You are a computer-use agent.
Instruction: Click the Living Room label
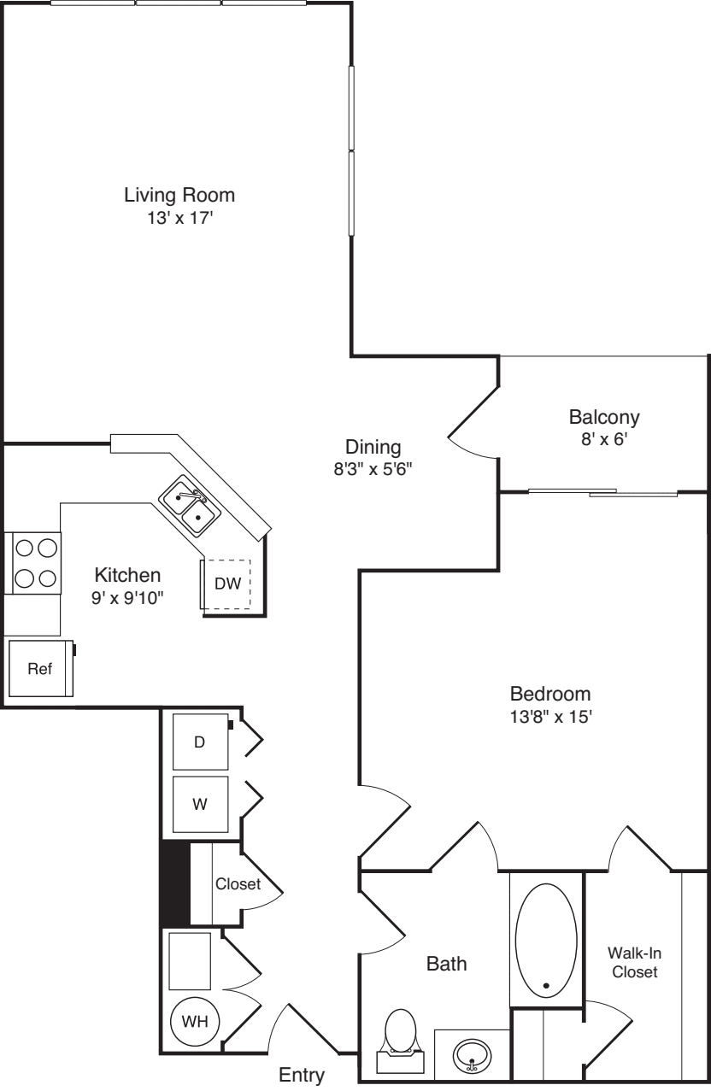tap(179, 195)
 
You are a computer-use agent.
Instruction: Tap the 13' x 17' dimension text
tap(179, 219)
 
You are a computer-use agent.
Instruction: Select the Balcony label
tap(604, 418)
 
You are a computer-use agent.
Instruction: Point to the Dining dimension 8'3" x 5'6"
tap(373, 468)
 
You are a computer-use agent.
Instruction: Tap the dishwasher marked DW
tap(226, 584)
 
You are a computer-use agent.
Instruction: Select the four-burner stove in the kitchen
tap(33, 562)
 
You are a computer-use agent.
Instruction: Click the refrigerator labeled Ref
tap(39, 669)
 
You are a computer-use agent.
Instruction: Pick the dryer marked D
tap(200, 742)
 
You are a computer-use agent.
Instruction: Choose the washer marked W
tap(200, 804)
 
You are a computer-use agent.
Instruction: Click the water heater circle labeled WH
tap(195, 1020)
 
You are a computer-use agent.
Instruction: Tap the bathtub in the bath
tap(546, 939)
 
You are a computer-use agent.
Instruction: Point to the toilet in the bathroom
tap(400, 1036)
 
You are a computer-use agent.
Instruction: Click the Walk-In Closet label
tap(632, 961)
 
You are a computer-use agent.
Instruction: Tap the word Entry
tap(303, 1075)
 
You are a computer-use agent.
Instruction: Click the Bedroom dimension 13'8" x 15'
tap(550, 717)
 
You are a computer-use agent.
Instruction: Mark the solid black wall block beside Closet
tap(174, 883)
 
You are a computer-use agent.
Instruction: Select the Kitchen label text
tap(127, 574)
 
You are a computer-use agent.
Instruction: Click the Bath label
tap(446, 964)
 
